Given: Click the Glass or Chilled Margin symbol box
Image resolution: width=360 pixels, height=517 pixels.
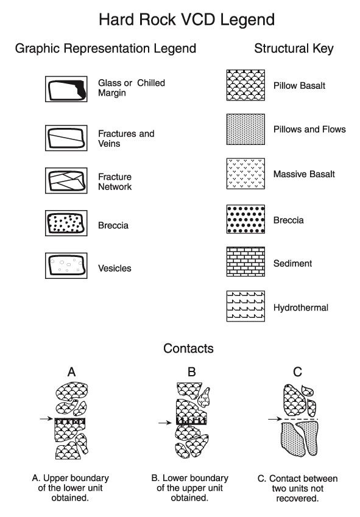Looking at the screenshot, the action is [66, 89].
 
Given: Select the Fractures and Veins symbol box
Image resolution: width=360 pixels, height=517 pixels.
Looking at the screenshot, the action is [66, 138].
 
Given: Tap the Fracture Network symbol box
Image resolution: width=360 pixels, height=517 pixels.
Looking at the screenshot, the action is [66, 180].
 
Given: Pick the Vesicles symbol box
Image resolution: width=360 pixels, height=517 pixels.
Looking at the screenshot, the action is [66, 266].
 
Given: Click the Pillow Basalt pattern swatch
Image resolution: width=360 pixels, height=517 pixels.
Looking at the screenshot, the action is [245, 85].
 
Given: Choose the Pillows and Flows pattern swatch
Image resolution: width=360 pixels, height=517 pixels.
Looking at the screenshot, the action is [245, 129].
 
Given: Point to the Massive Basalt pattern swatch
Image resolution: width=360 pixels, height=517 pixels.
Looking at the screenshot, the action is [245, 174].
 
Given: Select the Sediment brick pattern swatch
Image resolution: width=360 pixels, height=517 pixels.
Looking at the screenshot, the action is [245, 261].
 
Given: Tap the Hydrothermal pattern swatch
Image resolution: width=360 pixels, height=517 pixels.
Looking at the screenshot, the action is [245, 306].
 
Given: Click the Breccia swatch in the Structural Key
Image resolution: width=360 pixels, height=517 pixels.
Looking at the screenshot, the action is [245, 219].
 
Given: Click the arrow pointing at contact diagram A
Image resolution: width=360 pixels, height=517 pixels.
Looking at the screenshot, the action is [46, 419].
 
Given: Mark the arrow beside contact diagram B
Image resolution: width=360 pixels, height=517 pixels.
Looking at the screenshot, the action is [165, 423].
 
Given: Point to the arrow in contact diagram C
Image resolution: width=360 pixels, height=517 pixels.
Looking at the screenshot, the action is [275, 419].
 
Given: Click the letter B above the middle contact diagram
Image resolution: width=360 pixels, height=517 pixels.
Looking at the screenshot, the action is [191, 372].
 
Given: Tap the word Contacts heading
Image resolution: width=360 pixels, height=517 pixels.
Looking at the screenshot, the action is [189, 348].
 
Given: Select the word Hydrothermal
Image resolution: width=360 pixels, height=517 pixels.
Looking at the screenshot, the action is [301, 308].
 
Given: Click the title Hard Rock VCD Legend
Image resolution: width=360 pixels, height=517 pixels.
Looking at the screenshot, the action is [187, 19].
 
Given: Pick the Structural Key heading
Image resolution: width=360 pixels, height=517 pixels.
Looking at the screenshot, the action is [294, 49].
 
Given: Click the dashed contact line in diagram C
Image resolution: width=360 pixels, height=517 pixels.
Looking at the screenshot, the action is [300, 419].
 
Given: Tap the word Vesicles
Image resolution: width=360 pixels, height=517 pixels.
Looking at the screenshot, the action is [115, 269].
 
